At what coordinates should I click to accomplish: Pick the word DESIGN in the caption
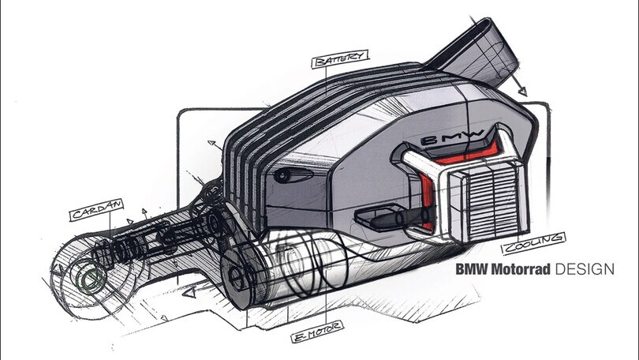pos(585,269)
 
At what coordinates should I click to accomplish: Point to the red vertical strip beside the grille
pos(428,201)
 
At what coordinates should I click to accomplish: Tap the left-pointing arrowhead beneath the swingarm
pos(188,293)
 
